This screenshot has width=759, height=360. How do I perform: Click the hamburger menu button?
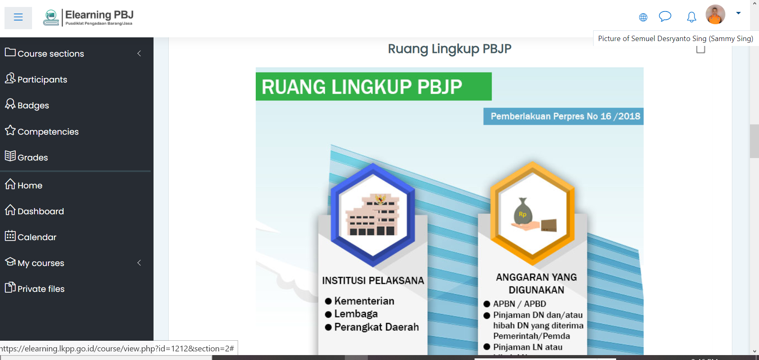(x=18, y=17)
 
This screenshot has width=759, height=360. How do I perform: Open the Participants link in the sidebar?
(x=36, y=79)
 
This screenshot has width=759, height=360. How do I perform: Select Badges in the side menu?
(x=27, y=105)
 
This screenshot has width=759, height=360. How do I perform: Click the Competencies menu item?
(x=41, y=131)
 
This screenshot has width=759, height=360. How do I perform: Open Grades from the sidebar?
(x=26, y=157)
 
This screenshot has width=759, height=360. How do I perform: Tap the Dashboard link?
(x=34, y=211)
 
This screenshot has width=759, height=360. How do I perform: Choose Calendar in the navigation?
(x=30, y=237)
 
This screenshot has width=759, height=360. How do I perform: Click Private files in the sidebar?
(x=34, y=289)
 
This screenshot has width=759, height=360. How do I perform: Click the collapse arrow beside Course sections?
(x=139, y=53)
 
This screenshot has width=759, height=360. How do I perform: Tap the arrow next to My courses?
(x=139, y=263)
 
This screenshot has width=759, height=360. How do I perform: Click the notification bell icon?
(x=692, y=17)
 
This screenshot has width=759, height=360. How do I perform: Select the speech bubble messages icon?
(x=665, y=16)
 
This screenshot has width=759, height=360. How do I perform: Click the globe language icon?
(x=643, y=17)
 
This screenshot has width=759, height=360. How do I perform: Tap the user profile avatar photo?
(x=715, y=14)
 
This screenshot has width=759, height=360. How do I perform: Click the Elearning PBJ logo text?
(x=99, y=15)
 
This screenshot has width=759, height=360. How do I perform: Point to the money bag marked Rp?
(x=523, y=212)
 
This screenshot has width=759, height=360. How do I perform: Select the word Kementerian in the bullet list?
(x=364, y=301)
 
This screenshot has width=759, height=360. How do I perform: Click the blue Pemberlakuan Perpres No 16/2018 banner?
(x=563, y=116)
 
